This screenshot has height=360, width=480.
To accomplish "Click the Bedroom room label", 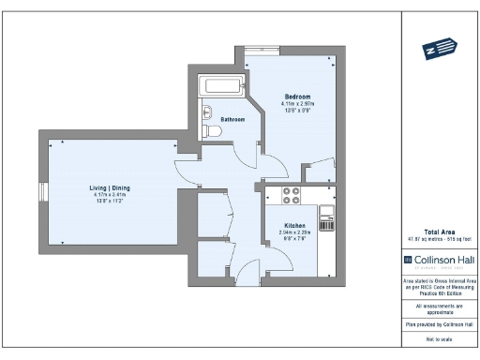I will [x=297, y=97].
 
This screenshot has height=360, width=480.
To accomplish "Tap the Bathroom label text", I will [x=232, y=120].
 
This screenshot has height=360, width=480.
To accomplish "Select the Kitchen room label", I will [x=294, y=226].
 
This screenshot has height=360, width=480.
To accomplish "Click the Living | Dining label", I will [x=110, y=188].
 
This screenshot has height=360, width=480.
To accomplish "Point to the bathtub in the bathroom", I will [x=221, y=87].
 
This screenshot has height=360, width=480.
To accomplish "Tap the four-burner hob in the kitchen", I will [x=291, y=197].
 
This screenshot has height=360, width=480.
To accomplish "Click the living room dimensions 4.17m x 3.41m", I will [x=110, y=195].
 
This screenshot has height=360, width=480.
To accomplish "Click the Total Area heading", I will [x=439, y=232].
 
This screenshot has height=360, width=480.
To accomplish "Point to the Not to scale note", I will [x=439, y=338].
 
